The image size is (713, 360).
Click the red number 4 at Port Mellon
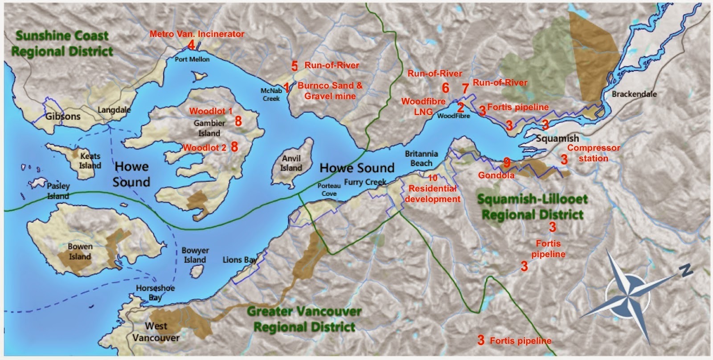tap(191, 45)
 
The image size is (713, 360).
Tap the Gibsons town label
tap(63, 116)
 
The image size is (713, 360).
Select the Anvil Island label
tap(291, 163)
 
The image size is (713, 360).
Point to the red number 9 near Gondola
tap(507, 162)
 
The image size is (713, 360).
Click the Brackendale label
tap(634, 94)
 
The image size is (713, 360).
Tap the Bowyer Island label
tap(195, 255)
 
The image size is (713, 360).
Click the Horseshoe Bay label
tap(155, 293)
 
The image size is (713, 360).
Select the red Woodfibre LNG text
tap(423, 106)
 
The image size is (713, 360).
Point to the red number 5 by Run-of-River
tap(294, 66)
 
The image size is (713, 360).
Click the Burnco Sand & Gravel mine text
tap(330, 90)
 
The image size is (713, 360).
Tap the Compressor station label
tap(594, 153)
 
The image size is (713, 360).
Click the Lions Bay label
tap(240, 260)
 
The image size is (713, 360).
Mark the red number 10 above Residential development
tap(432, 178)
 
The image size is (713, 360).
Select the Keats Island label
tap(90, 161)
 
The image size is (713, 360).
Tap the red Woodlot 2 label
tap(205, 147)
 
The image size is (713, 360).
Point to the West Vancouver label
tap(156, 331)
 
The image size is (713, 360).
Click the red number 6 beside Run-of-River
tap(446, 88)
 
